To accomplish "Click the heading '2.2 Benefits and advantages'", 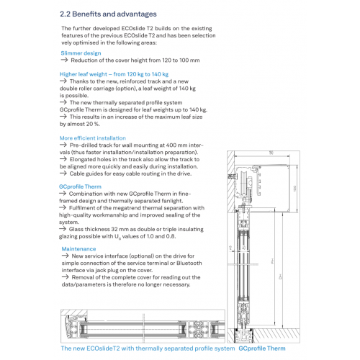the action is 108,14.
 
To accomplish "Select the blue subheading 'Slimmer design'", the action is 81,53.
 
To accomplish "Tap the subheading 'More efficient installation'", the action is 93,138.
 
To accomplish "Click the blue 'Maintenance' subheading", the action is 78,249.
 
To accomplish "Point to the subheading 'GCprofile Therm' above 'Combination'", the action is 80,186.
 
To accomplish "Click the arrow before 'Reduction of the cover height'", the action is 64,60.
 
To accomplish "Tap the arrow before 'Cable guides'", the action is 63,174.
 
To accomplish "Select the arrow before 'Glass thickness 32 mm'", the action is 63,229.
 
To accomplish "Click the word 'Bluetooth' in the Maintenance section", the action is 189,263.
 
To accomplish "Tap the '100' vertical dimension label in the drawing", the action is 294,189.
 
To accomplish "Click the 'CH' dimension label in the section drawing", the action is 280,276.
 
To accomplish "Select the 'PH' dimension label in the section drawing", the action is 272,261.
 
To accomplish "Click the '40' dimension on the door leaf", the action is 244,248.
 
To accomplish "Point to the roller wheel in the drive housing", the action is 243,181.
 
